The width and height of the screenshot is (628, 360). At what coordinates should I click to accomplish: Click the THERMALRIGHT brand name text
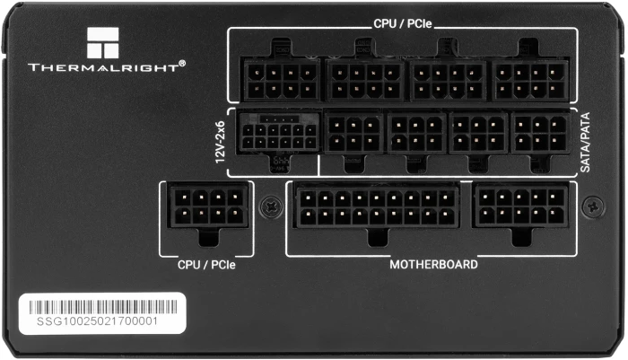pyautogui.click(x=107, y=66)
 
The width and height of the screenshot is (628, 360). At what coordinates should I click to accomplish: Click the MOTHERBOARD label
pyautogui.click(x=433, y=265)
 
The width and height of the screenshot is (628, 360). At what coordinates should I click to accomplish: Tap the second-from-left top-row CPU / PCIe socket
pyautogui.click(x=363, y=79)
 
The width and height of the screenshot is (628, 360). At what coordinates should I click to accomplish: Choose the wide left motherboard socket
pyautogui.click(x=374, y=206)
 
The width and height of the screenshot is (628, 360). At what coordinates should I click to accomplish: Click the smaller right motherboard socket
pyautogui.click(x=521, y=206)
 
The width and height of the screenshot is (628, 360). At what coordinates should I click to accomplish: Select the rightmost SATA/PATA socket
pyautogui.click(x=540, y=134)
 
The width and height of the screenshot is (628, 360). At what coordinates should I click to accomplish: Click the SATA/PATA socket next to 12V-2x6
pyautogui.click(x=352, y=134)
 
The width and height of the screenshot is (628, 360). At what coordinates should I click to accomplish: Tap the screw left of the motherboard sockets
pyautogui.click(x=268, y=206)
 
